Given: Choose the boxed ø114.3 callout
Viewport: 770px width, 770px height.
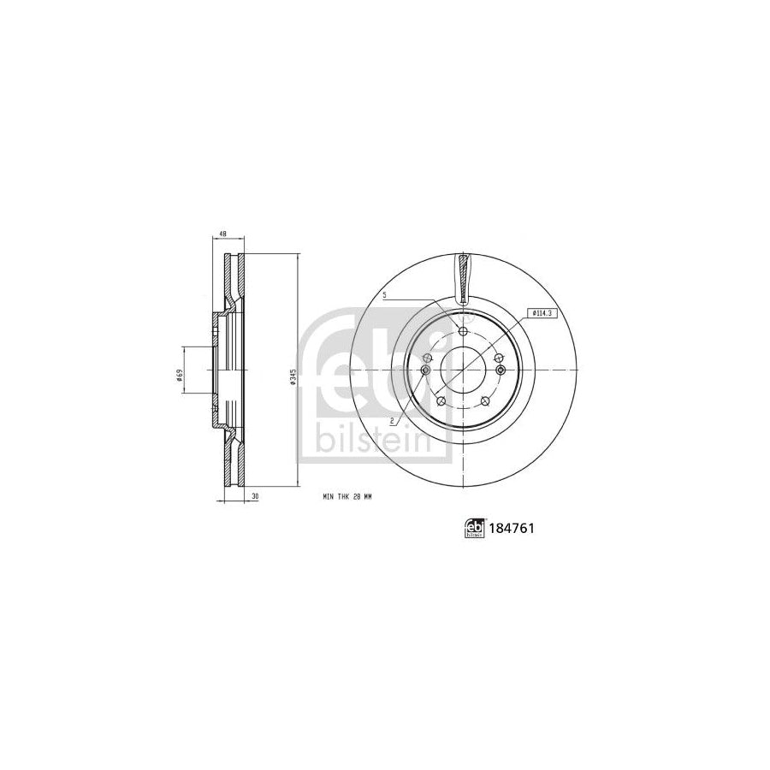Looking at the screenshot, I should pyautogui.click(x=542, y=315).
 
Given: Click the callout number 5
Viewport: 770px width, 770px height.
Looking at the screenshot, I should pyautogui.click(x=386, y=295).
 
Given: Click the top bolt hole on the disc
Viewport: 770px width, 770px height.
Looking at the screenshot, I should pyautogui.click(x=463, y=332).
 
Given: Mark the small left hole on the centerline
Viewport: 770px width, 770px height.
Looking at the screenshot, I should pyautogui.click(x=425, y=370).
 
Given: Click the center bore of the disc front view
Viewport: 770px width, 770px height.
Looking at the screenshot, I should pyautogui.click(x=463, y=370).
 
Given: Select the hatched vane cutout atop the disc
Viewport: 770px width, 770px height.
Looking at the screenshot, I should pyautogui.click(x=463, y=278).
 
